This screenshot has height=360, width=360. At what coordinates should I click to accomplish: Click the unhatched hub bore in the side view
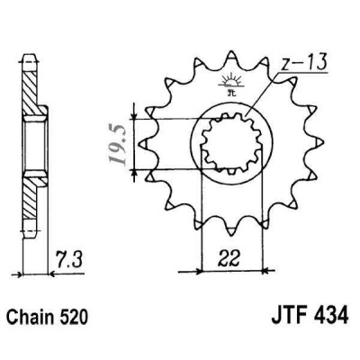click(30, 144)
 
